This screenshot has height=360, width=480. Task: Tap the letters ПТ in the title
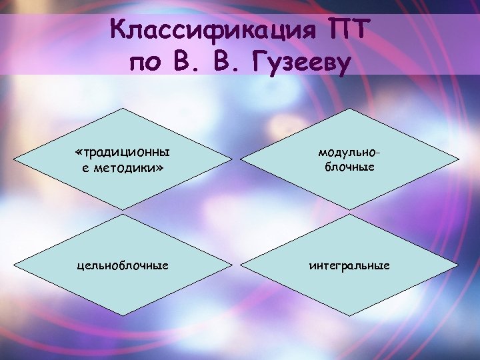(350, 30)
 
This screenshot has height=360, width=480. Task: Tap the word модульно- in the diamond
(349, 153)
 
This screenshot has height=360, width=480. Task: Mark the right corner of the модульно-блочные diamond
(459, 161)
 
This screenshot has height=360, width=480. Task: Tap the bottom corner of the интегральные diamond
(349, 316)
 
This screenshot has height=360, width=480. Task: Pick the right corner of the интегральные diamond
(459, 265)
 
